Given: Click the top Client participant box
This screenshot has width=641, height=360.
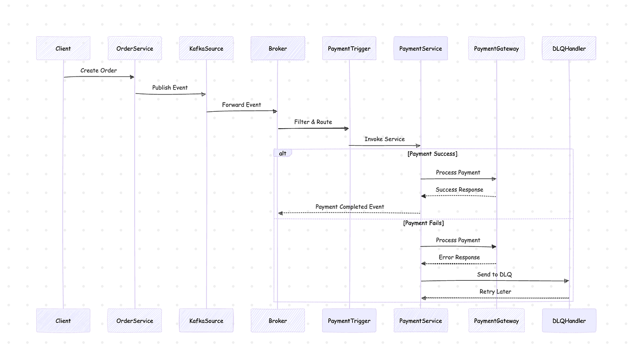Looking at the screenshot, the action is (63, 48).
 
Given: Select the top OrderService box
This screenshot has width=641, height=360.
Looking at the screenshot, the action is (135, 48).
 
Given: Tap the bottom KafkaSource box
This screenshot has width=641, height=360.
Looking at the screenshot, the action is (206, 321).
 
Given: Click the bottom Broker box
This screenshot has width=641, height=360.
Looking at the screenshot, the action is (278, 321).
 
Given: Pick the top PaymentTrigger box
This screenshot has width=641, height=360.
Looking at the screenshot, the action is (349, 48).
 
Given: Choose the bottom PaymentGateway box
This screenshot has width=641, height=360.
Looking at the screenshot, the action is (496, 321).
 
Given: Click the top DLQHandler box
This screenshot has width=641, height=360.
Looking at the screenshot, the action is (569, 48).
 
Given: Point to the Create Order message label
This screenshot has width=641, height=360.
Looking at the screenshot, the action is (98, 71).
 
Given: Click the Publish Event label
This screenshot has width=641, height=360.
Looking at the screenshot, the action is (170, 87).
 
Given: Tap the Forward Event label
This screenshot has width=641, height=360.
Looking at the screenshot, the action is (242, 105).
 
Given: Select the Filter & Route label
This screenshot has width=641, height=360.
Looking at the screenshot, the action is (313, 122).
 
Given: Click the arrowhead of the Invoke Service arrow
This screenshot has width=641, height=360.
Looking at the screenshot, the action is (418, 146).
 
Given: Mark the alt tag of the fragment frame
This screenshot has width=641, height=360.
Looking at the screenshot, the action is (283, 153).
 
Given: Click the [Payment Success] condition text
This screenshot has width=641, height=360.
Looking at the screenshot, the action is (432, 154).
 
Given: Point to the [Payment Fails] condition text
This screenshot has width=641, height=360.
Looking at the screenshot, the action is (424, 223).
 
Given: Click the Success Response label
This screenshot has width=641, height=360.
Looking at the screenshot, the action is (459, 190).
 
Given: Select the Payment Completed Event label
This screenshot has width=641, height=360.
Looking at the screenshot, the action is (350, 207).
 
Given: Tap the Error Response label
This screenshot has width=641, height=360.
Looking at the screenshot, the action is (459, 257).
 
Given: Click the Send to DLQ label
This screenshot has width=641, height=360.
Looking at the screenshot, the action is (494, 274).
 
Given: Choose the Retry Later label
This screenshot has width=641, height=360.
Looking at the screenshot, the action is (495, 292).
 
